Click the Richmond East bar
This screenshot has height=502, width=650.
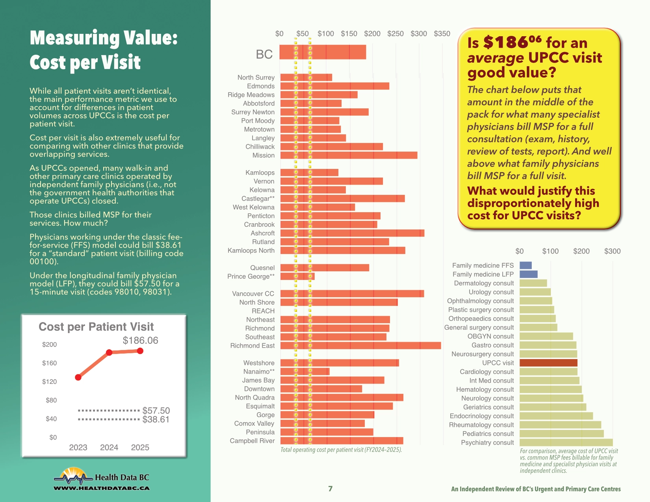[360, 346]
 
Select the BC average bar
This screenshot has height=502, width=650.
[323, 52]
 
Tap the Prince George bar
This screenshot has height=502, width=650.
[297, 276]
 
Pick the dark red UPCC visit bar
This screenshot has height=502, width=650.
[548, 363]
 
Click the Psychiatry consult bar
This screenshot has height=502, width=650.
[566, 443]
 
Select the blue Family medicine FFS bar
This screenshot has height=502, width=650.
[526, 265]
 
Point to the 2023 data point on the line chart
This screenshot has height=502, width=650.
[78, 377]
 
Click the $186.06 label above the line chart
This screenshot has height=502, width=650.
[140, 340]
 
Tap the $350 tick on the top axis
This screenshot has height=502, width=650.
[442, 33]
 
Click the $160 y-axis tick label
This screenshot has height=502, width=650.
[49, 363]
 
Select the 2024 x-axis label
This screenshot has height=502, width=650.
[109, 447]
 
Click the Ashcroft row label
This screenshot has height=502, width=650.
[262, 233]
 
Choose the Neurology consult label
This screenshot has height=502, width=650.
[487, 398]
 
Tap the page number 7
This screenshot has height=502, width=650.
[330, 489]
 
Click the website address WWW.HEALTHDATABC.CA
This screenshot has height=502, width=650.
[101, 488]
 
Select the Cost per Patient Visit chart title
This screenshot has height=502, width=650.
[96, 327]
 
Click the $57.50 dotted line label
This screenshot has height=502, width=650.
[156, 411]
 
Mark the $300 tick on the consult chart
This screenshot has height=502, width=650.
[612, 251]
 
